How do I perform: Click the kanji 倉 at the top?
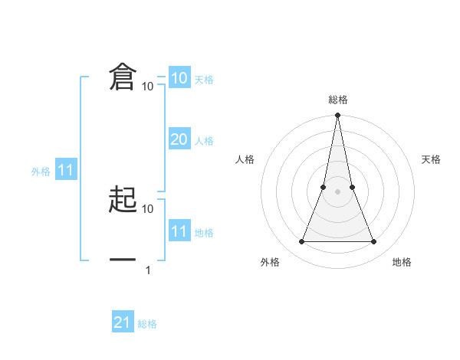click(123, 77)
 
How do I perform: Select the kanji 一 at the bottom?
click(123, 260)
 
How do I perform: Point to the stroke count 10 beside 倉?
click(148, 87)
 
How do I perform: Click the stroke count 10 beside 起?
click(148, 208)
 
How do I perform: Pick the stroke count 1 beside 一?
click(148, 270)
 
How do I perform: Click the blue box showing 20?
click(179, 139)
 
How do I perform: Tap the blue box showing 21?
click(123, 322)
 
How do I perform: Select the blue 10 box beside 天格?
click(179, 78)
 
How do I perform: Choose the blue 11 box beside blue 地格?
click(179, 231)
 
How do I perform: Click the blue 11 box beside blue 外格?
click(65, 170)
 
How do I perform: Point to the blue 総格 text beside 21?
click(147, 324)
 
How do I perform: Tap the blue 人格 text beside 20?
click(204, 141)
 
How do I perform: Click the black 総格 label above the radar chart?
click(337, 100)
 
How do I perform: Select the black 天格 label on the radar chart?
click(432, 159)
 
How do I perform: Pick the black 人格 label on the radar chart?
click(245, 159)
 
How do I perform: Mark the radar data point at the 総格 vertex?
click(337, 116)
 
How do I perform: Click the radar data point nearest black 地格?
click(374, 242)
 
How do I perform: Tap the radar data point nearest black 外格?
click(301, 242)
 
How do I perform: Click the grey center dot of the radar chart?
click(337, 191)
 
